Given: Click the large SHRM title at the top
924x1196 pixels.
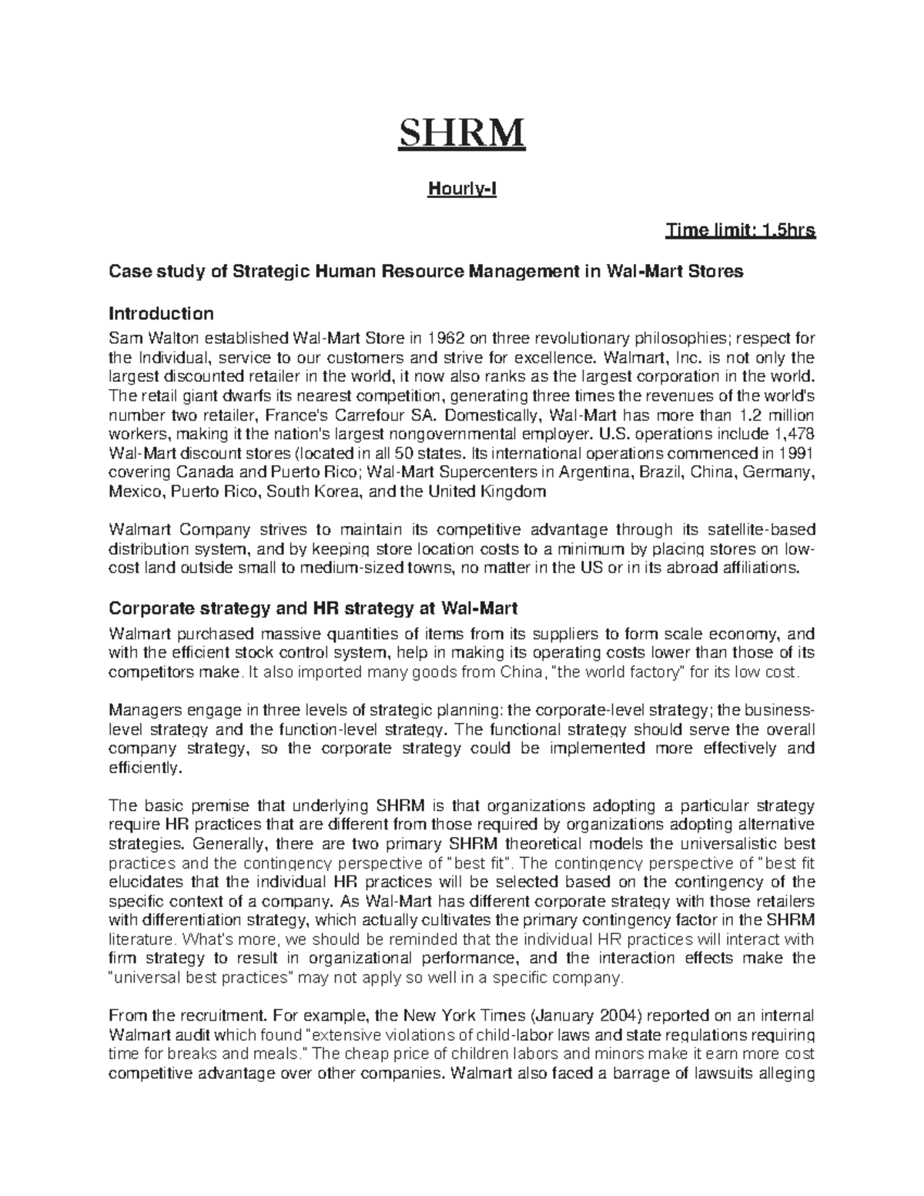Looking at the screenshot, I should click(x=460, y=133).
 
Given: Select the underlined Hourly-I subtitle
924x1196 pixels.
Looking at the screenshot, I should click(x=462, y=189).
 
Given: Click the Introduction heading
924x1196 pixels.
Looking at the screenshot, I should click(x=161, y=314).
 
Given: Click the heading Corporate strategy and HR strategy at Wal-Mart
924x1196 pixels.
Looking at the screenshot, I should click(x=313, y=608).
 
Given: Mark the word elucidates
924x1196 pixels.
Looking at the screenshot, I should click(x=149, y=882).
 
